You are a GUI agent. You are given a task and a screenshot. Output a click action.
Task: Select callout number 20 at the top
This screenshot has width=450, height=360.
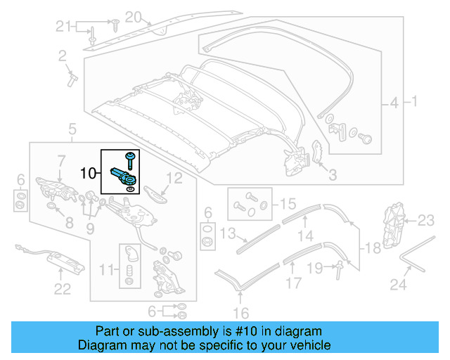pos(133,15)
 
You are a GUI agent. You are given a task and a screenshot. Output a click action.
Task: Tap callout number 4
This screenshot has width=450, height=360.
pos(394,103)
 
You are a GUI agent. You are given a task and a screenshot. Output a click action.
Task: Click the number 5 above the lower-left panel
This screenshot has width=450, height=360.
pos(72,129)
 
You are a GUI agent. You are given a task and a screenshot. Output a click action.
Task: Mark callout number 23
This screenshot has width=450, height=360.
pos(427,221)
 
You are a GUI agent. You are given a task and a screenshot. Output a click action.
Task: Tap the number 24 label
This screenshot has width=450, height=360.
pos(399,285)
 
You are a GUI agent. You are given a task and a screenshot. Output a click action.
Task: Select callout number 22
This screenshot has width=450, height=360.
pos(63,288)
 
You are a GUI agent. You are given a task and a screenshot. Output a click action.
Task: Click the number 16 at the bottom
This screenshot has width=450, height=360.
pos(241,314)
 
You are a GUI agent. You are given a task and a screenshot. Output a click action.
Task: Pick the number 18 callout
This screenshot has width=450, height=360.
pos(373,247)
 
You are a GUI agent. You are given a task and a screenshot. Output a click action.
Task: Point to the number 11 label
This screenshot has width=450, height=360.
pos(106,269)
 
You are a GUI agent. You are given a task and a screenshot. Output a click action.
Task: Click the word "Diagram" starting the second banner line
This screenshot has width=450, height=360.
pos(100,345)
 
